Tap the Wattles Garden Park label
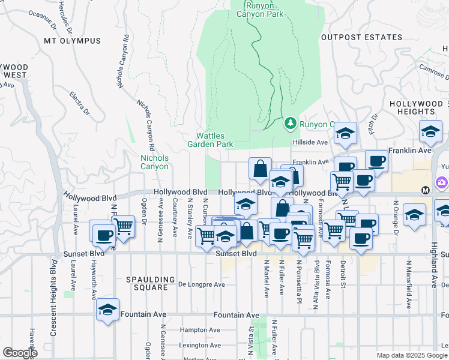pos(209,140)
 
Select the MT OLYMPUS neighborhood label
pos(73,41)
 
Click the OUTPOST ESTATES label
pos(362,37)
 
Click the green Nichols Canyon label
pos(154,162)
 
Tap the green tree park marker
pos(291,123)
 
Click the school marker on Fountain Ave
pos(107,309)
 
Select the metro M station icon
pos(426,190)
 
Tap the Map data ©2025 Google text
pos(411,355)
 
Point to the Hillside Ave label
pos(310,142)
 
